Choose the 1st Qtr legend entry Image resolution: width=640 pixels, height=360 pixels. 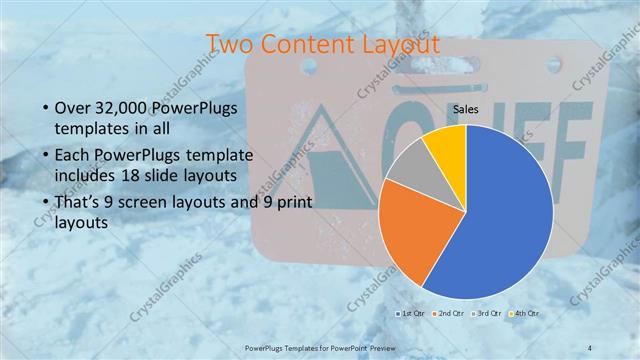point(411,315)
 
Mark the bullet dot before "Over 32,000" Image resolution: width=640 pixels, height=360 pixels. point(45,108)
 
